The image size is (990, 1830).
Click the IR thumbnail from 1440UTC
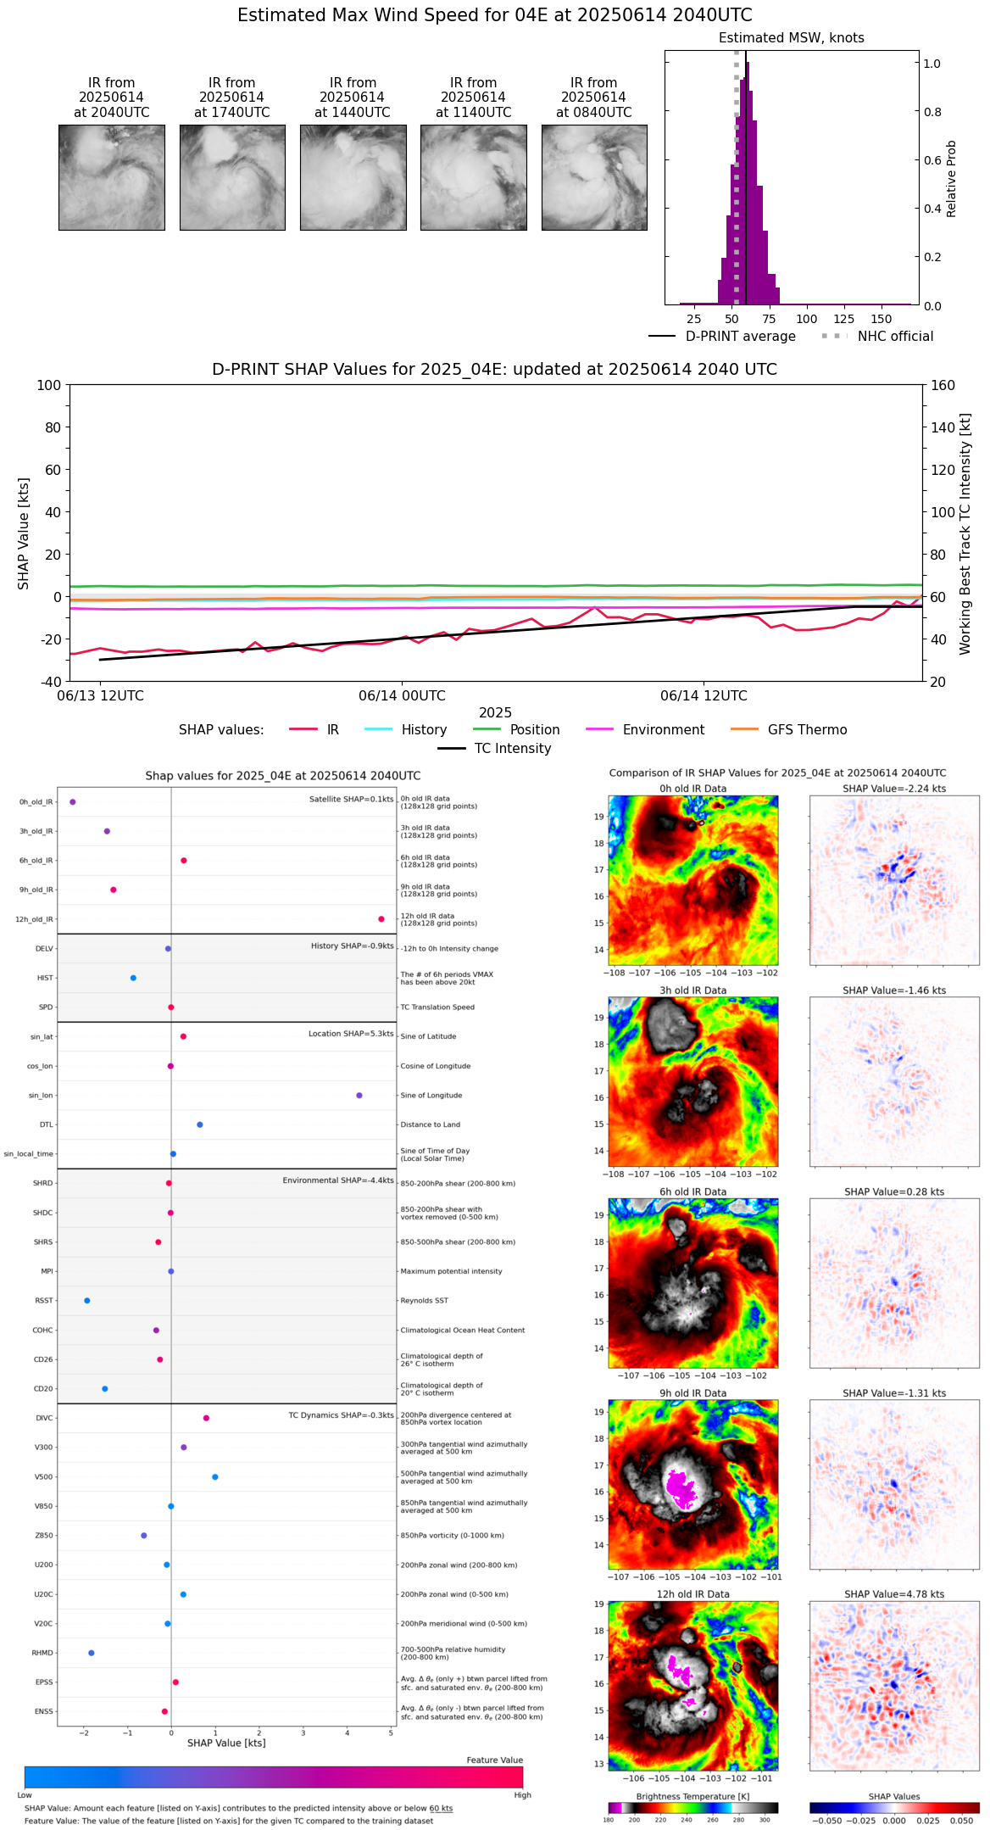tap(353, 177)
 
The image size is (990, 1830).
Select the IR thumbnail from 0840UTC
tap(594, 177)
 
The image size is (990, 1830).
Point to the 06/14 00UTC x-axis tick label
tap(402, 696)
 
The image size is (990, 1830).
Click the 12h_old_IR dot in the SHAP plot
tap(381, 919)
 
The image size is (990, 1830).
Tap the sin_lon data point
tap(359, 1096)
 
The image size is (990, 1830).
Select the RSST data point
tap(86, 1301)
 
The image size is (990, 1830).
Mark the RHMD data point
tap(92, 1653)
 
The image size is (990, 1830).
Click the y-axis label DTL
tap(46, 1125)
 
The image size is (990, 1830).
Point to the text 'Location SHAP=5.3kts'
tap(351, 1035)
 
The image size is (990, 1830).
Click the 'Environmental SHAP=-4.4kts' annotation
tap(338, 1180)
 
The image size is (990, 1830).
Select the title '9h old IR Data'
tap(692, 1393)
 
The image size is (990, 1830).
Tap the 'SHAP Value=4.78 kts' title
tap(894, 1594)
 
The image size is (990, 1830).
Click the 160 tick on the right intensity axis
tap(943, 386)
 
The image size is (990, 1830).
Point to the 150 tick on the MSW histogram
tap(882, 320)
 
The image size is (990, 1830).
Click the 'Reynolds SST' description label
tap(425, 1301)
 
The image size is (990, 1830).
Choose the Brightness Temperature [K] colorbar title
tap(692, 1796)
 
